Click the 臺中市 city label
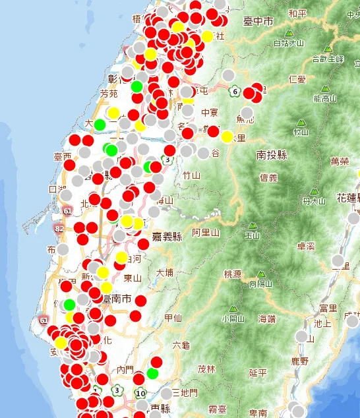click(258, 22)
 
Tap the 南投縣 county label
click(272, 155)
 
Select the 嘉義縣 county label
click(167, 237)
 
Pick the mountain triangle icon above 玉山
click(251, 225)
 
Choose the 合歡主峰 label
click(328, 59)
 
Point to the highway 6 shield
click(235, 92)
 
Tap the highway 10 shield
click(140, 394)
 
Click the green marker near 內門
click(152, 374)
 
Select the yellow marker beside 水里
click(227, 137)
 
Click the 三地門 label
click(185, 393)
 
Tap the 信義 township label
click(269, 177)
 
